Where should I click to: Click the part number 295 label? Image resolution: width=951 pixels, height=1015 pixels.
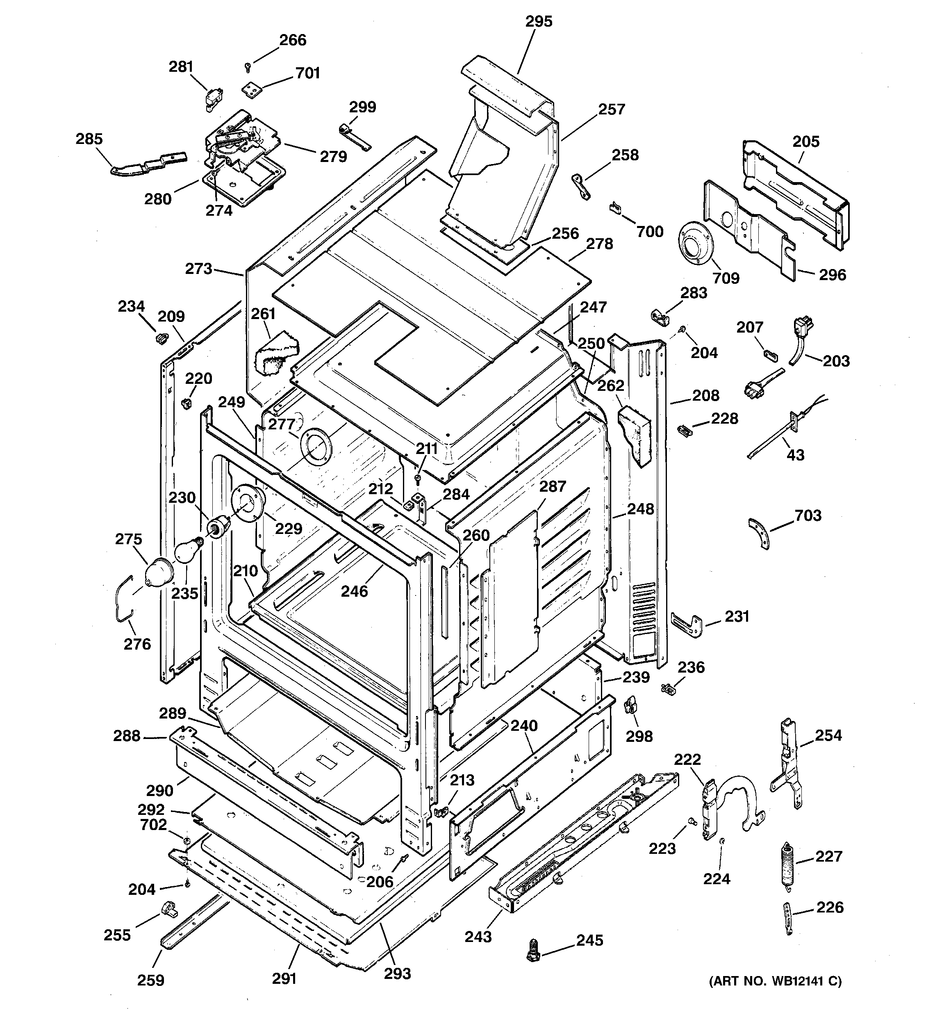(539, 21)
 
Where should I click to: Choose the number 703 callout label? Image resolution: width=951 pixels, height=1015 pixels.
(808, 515)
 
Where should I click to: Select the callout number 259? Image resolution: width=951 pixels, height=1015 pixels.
(150, 980)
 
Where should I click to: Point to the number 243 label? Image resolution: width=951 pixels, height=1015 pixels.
(478, 936)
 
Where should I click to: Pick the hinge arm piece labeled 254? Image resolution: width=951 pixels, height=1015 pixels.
(787, 762)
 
